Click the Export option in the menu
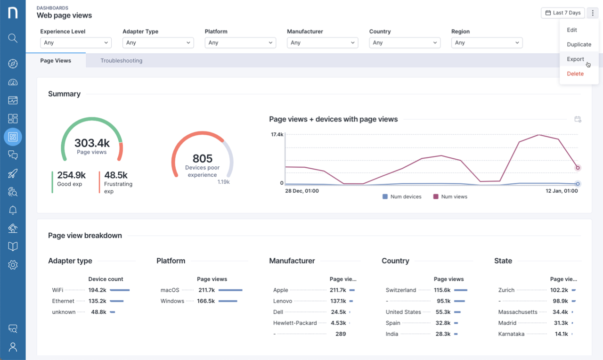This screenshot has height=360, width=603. coord(575,59)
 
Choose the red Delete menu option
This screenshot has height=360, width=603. coord(575,74)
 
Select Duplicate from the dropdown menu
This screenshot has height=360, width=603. coord(579,44)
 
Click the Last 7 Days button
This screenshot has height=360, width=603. coord(563,13)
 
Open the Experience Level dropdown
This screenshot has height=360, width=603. coord(75,42)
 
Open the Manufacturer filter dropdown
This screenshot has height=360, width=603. coord(322,42)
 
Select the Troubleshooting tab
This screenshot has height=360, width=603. coord(121,60)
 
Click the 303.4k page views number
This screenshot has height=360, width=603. coord(92,143)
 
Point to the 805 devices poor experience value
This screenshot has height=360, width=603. coord(202,158)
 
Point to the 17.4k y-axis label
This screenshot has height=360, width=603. coord(277,135)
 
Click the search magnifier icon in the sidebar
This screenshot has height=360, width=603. coord(13,38)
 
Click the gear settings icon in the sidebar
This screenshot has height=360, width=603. coord(13,265)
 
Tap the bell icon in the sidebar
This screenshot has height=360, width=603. coord(13,210)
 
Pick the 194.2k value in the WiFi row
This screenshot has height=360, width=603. coord(97,290)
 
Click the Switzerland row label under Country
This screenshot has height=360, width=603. coord(400,290)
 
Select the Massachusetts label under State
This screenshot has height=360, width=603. coord(518,312)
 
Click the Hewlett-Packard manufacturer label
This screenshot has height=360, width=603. coord(295,323)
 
